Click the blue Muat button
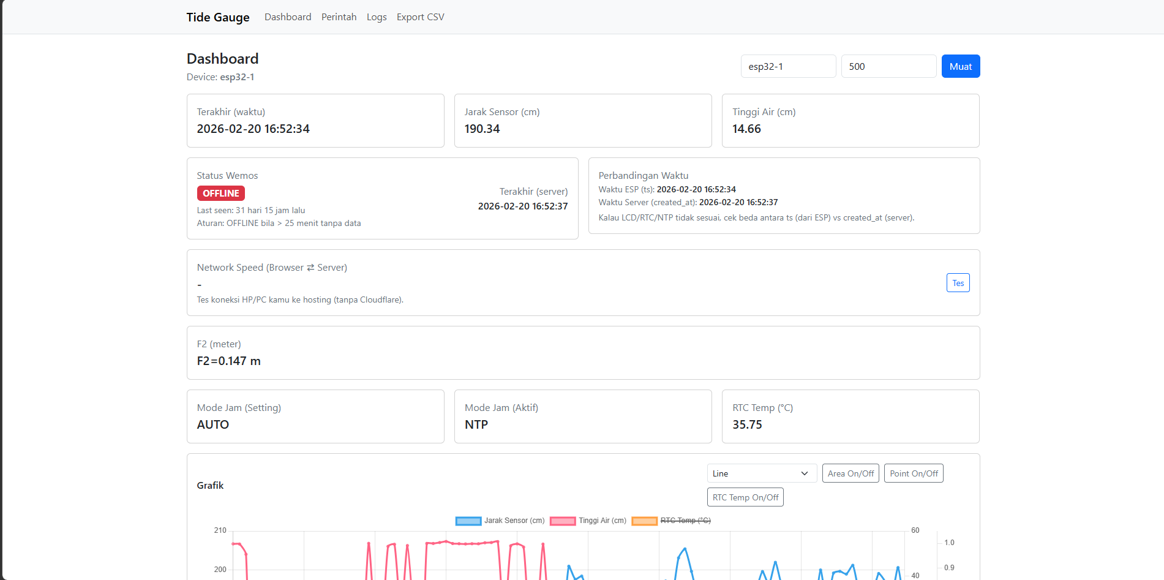(x=960, y=66)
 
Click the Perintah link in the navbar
(x=339, y=17)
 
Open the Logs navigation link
(x=377, y=17)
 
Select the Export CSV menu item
(x=420, y=17)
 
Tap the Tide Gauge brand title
(x=218, y=17)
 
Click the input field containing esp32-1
(x=788, y=66)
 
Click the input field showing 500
(x=888, y=66)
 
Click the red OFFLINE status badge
(x=220, y=194)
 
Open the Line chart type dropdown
(x=762, y=473)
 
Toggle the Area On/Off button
(x=850, y=473)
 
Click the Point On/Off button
(x=914, y=473)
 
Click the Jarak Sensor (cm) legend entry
(x=500, y=521)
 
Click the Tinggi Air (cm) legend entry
(x=588, y=521)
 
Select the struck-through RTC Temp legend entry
(x=672, y=521)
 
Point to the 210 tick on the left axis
(x=220, y=530)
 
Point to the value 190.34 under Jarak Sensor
(x=482, y=129)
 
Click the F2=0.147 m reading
(x=228, y=361)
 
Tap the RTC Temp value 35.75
(x=747, y=425)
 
